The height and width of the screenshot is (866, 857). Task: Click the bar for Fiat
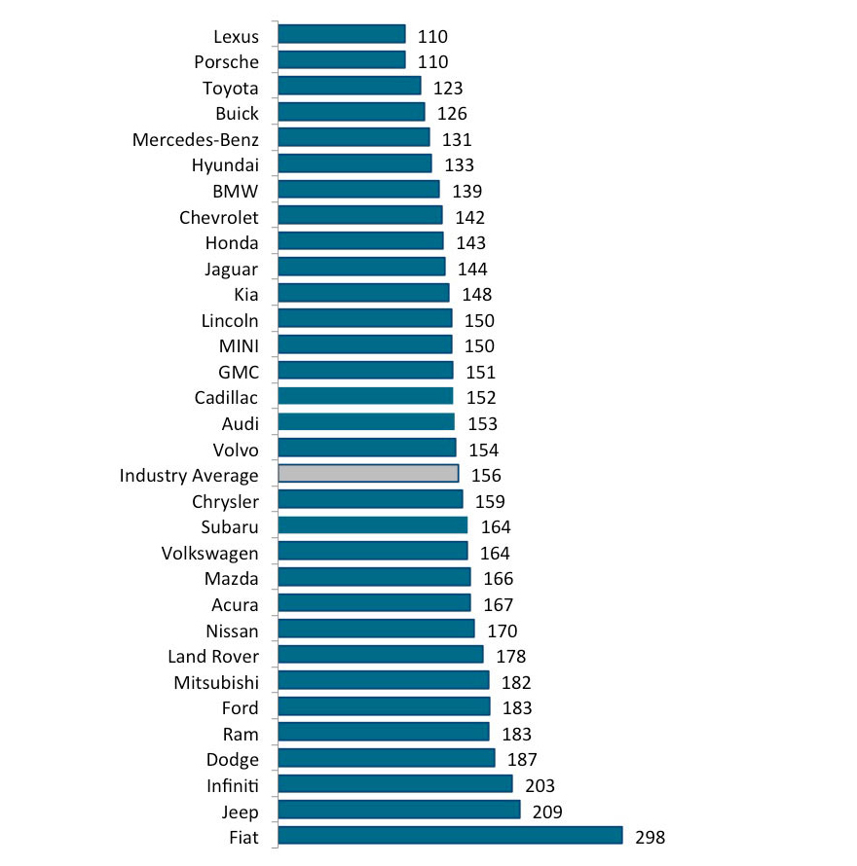450,836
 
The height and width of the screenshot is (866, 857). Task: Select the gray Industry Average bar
368,474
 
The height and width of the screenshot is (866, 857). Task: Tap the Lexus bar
342,34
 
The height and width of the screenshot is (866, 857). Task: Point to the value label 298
651,837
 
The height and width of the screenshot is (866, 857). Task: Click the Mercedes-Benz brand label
196,138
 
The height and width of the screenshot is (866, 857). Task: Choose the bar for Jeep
399,810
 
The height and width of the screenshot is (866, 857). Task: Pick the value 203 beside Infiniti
540,784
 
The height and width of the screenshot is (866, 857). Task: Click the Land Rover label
213,656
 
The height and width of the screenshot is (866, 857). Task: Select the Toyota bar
350,87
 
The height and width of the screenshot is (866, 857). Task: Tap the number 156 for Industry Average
486,475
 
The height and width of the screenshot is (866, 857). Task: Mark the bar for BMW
358,190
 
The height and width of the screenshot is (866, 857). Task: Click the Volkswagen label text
210,553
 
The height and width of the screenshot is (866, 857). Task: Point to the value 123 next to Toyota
448,88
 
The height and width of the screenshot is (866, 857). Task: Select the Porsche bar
342,60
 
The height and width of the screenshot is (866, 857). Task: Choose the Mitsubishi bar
384,680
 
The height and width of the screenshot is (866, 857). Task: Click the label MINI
239,345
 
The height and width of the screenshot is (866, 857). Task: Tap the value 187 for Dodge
522,759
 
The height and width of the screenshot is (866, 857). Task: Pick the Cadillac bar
365,396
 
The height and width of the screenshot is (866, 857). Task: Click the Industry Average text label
189,475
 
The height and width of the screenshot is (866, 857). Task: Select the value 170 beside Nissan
502,630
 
